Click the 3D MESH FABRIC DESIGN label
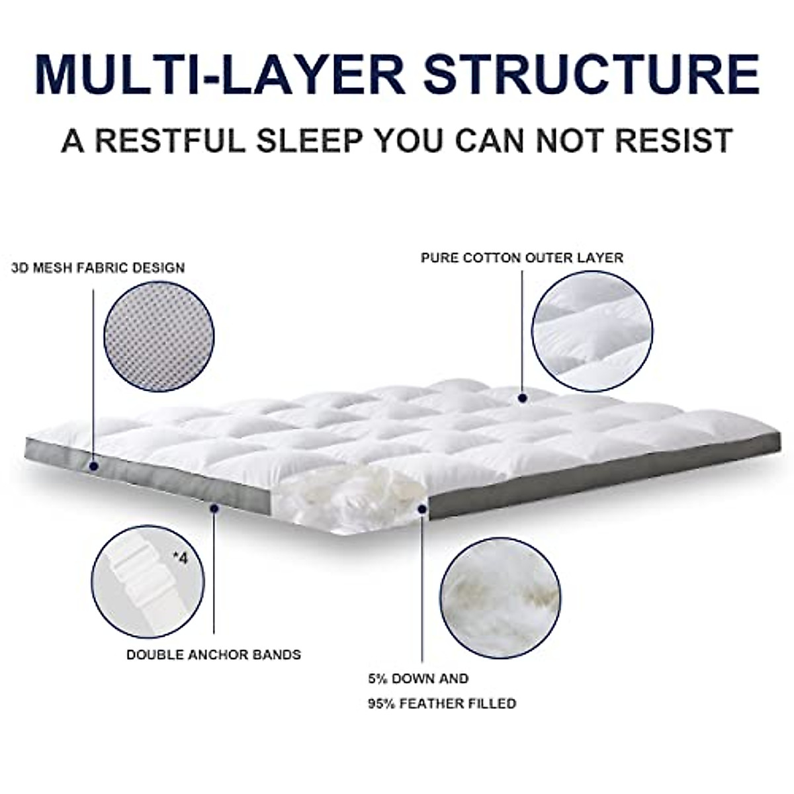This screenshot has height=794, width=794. click(98, 268)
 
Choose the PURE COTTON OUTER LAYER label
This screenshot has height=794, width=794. click(522, 257)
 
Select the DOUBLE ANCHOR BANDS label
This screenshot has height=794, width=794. click(214, 655)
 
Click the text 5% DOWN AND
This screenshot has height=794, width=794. click(418, 679)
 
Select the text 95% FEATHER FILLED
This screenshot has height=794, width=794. click(442, 703)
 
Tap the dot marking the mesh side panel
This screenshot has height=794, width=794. click(93, 466)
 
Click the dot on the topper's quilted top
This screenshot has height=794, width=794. click(523, 398)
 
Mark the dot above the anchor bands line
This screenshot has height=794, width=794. click(214, 508)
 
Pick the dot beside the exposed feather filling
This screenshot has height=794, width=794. click(422, 508)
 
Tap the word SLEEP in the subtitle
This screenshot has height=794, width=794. click(308, 141)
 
